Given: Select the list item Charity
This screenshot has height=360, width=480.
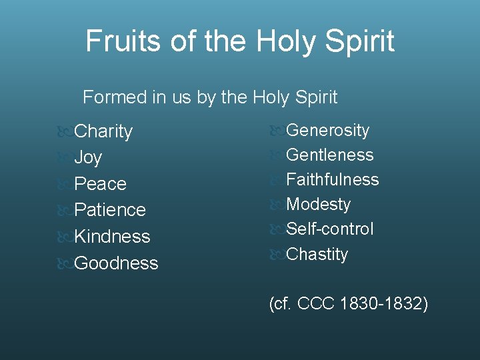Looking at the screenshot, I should [103, 131].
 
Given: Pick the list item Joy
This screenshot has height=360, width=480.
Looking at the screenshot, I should [88, 158].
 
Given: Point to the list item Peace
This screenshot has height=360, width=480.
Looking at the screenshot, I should [100, 183].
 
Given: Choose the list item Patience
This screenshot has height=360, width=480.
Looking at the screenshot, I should [110, 210].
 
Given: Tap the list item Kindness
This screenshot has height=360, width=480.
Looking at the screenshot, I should [112, 237].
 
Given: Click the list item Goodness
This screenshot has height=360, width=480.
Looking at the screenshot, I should [116, 263].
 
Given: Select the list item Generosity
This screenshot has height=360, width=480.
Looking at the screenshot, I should [327, 130].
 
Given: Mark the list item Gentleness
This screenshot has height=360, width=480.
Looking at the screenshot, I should [329, 155].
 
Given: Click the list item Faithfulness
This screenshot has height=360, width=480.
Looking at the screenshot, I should [332, 179].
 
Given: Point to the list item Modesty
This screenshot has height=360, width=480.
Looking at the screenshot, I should [318, 204].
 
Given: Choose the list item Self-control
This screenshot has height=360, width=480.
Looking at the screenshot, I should [329, 229].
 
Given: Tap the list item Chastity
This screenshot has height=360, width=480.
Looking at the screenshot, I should [317, 254].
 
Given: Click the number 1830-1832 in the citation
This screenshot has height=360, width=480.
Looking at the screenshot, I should [383, 305].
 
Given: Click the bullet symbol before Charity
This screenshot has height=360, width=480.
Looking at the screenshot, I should [65, 131].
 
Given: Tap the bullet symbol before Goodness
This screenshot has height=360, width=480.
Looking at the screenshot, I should [65, 263].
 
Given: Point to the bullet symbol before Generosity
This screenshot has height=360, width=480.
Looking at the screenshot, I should [277, 131].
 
